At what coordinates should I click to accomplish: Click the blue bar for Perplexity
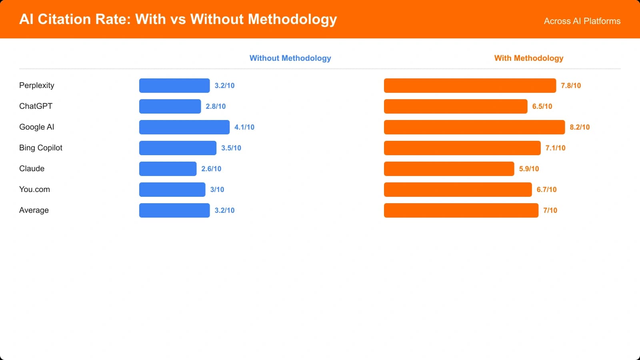(x=174, y=86)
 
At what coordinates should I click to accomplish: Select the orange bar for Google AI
(x=474, y=127)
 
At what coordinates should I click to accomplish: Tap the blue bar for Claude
(x=168, y=169)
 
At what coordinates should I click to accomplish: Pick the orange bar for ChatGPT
(x=456, y=106)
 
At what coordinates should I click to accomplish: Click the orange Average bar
(x=461, y=210)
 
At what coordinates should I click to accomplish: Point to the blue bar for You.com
(x=172, y=190)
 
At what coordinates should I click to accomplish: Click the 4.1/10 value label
(x=244, y=127)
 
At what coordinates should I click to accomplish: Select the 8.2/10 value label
(x=580, y=127)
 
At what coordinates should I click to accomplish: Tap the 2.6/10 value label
(x=211, y=169)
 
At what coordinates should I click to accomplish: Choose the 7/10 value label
(x=550, y=210)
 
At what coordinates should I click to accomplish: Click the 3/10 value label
(x=217, y=190)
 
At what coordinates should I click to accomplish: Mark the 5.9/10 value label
(x=529, y=169)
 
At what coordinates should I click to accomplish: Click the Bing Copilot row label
(x=41, y=148)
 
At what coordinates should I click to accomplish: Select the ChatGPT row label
(x=36, y=106)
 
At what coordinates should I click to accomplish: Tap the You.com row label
(x=34, y=190)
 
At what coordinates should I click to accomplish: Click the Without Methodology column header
(x=290, y=58)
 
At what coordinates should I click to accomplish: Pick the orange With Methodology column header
(x=528, y=58)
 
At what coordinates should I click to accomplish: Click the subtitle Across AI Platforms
(x=582, y=21)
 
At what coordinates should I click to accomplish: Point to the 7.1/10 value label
(x=555, y=148)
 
